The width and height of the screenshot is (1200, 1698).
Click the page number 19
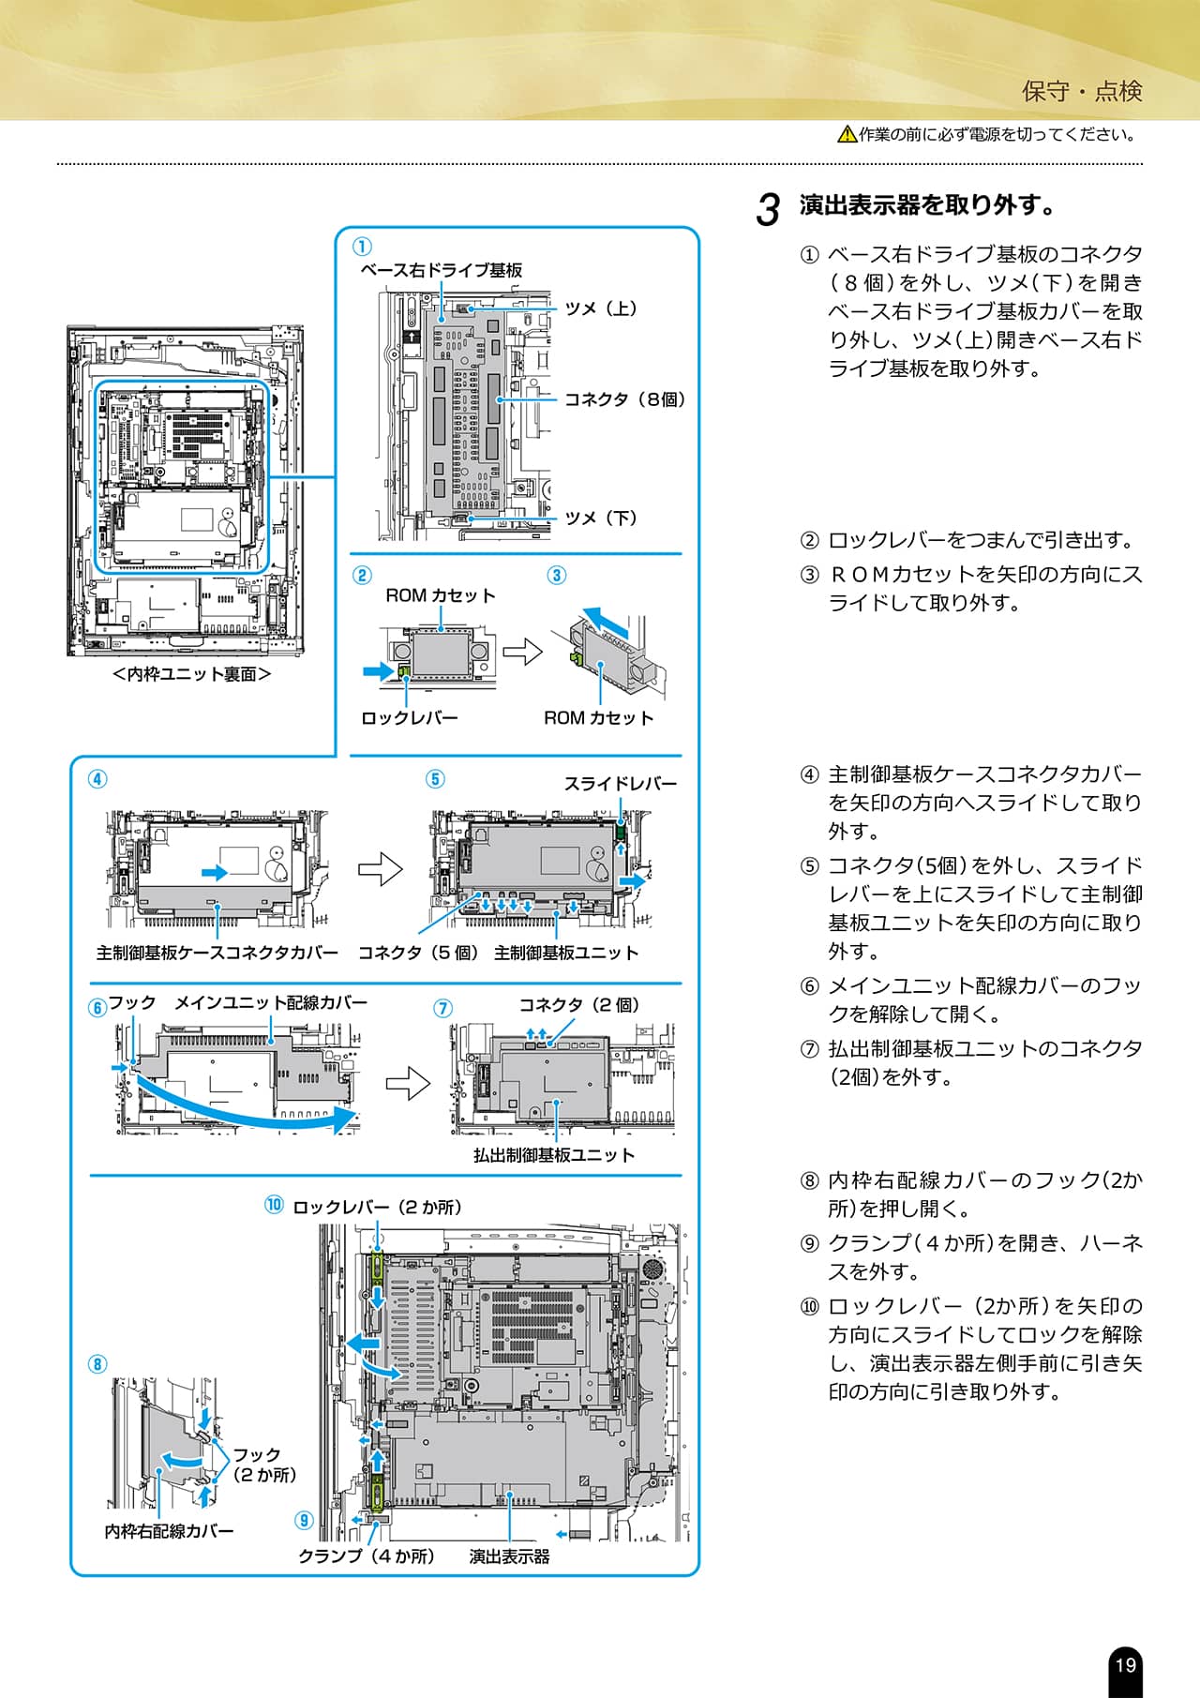pyautogui.click(x=1125, y=1665)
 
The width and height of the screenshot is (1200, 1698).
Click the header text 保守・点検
pyautogui.click(x=1082, y=91)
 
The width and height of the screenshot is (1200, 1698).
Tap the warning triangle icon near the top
pyautogui.click(x=847, y=134)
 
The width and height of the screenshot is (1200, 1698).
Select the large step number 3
pyautogui.click(x=768, y=210)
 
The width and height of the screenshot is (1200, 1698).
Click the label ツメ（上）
pyautogui.click(x=601, y=308)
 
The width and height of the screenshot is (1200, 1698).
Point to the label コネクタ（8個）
pyautogui.click(x=625, y=399)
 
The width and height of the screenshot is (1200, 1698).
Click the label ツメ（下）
pyautogui.click(x=601, y=518)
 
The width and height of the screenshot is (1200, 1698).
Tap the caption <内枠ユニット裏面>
pyautogui.click(x=191, y=674)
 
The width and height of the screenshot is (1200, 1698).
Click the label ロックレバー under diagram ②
pyautogui.click(x=410, y=718)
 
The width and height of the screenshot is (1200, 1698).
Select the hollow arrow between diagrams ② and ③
pyautogui.click(x=523, y=651)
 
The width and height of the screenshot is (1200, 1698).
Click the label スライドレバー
pyautogui.click(x=620, y=784)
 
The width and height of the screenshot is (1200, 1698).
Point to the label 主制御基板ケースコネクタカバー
pyautogui.click(x=217, y=953)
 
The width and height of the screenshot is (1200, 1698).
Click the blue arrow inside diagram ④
pyautogui.click(x=215, y=873)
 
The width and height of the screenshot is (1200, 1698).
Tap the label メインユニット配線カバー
pyautogui.click(x=271, y=1002)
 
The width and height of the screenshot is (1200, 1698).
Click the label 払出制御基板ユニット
pyautogui.click(x=554, y=1155)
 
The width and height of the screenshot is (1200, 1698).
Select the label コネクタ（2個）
pyautogui.click(x=579, y=1005)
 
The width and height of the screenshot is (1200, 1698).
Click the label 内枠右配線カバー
pyautogui.click(x=169, y=1531)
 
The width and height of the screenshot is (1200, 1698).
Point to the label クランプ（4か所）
pyautogui.click(x=367, y=1556)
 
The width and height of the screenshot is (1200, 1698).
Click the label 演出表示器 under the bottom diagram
pyautogui.click(x=509, y=1556)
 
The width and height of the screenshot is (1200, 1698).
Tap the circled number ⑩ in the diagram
pyautogui.click(x=274, y=1205)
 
